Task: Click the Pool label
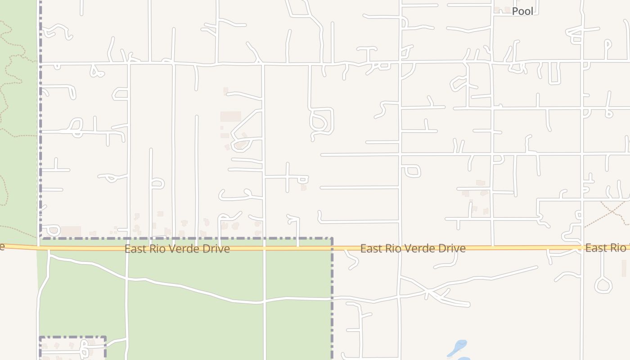(x=522, y=11)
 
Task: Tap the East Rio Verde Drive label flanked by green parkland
(x=177, y=248)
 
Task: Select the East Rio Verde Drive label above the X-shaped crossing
(x=413, y=248)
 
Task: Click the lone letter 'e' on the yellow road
(x=2, y=247)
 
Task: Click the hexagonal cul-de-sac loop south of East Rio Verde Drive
(x=603, y=285)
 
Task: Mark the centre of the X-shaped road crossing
(x=435, y=295)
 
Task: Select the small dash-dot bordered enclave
(x=72, y=347)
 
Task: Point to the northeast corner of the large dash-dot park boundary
(x=332, y=238)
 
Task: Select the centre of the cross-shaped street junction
(x=287, y=177)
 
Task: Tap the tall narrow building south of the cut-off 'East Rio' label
(x=624, y=268)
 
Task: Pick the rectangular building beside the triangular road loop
(x=230, y=117)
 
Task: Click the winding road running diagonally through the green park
(x=193, y=290)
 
